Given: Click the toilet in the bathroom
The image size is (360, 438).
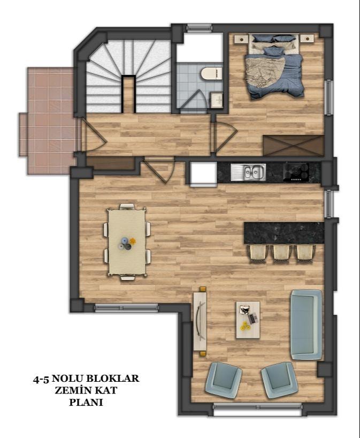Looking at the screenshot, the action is (211, 73).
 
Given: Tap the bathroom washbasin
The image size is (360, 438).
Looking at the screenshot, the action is (217, 100).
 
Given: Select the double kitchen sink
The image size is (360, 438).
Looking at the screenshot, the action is (248, 172).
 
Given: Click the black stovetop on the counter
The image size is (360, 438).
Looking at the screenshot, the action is (296, 172).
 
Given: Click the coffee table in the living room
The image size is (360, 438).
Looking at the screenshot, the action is (248, 320).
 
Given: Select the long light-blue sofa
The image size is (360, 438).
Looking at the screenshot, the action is (306, 324).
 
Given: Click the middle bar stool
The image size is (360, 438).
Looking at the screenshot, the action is (281, 253).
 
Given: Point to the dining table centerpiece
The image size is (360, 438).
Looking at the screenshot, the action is (127, 243).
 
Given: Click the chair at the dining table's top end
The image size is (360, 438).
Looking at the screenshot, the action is (127, 207).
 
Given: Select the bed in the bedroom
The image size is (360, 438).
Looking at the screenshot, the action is (274, 66).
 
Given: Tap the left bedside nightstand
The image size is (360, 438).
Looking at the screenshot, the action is (241, 39).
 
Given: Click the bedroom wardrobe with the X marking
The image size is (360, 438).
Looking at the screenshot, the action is (294, 146).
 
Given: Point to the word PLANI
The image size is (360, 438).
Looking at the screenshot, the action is (86, 402).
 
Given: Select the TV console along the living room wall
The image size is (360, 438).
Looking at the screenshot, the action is (200, 321).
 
